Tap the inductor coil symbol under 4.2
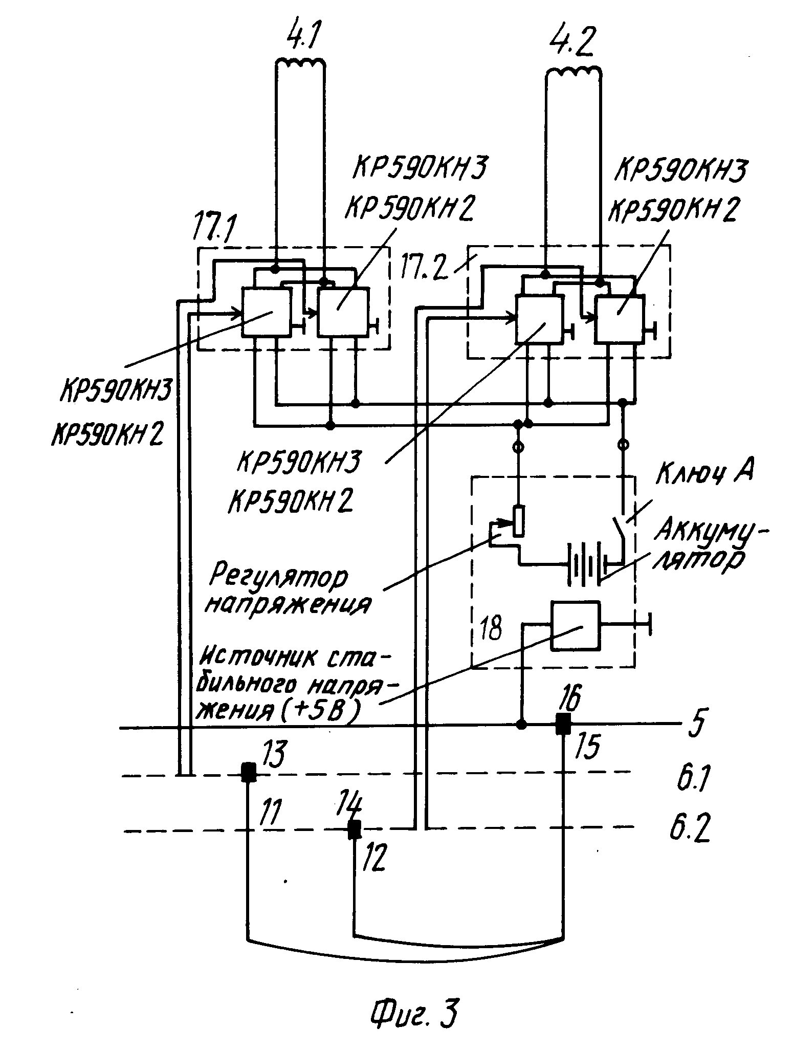574,72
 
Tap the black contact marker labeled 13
249,772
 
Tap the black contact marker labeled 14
354,829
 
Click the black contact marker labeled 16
563,724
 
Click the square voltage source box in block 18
575,626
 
